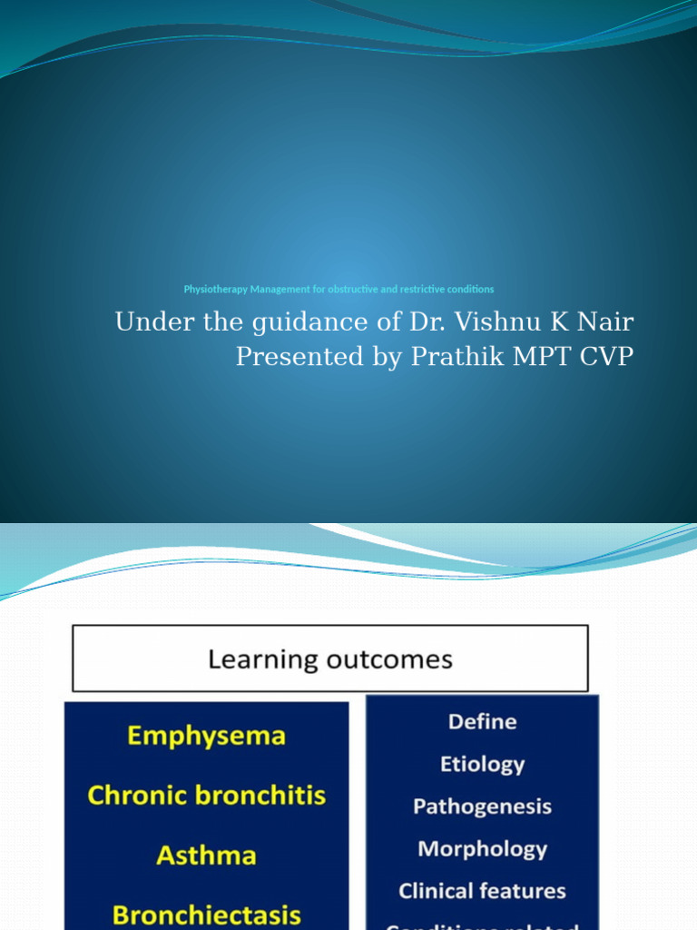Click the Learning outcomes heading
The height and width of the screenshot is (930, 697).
pyautogui.click(x=330, y=658)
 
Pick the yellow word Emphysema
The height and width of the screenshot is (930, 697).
pyautogui.click(x=207, y=735)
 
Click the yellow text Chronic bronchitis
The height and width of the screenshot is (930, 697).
pyautogui.click(x=207, y=796)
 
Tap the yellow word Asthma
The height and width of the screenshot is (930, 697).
pyautogui.click(x=207, y=856)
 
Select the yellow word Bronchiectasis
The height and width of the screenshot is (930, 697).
pyautogui.click(x=207, y=915)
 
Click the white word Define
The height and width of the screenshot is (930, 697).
pyautogui.click(x=482, y=722)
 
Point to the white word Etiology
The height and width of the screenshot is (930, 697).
pyautogui.click(x=482, y=764)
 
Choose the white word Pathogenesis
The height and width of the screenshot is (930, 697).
pyautogui.click(x=482, y=806)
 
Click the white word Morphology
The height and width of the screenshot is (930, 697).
pyautogui.click(x=482, y=849)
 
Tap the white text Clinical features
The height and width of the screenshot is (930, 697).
pyautogui.click(x=482, y=891)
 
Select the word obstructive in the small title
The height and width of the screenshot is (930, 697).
pyautogui.click(x=368, y=290)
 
